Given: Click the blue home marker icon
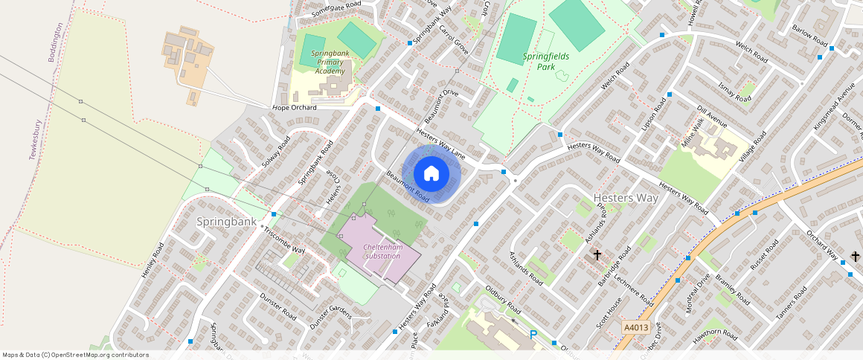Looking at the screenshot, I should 431,174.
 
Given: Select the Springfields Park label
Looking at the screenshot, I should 549,61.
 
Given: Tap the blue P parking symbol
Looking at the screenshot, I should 533,335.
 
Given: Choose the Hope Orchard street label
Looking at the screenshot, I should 295,108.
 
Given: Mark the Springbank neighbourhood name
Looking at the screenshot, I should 226,222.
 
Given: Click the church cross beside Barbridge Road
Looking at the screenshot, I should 597,255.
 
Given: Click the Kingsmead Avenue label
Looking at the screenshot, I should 834,110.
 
